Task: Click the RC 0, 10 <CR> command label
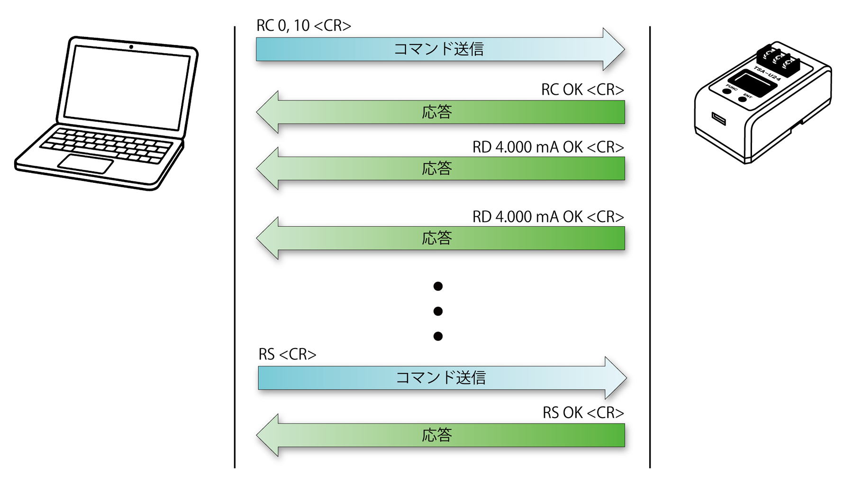303,26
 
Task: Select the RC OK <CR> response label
582,89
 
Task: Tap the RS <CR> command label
287,354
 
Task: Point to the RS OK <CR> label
582,413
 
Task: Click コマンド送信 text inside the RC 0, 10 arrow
438,49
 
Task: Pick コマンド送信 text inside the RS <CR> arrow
440,378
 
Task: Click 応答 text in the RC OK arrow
436,112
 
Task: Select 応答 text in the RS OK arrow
436,435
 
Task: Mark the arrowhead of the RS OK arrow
268,435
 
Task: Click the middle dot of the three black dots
438,311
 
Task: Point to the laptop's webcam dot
131,47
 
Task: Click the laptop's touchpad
86,164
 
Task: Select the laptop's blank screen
127,88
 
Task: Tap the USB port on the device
718,118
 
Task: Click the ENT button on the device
742,99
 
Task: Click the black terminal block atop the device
778,60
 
